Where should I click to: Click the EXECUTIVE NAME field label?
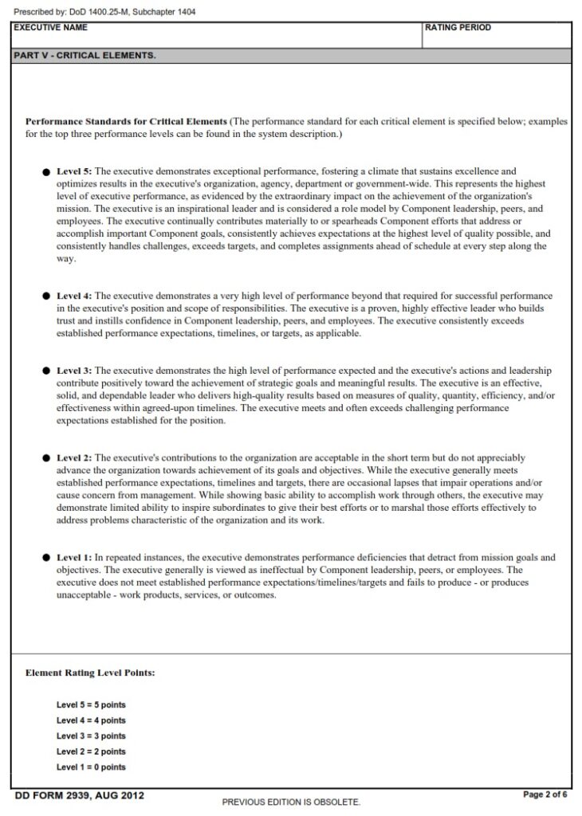tap(51, 28)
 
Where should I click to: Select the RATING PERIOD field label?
tap(458, 28)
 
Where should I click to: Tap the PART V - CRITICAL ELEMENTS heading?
tap(85, 56)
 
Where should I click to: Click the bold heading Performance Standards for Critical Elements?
tap(127, 122)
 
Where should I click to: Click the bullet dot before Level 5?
tap(46, 171)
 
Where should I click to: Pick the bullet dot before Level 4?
tap(46, 296)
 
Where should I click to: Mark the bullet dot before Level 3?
tap(46, 371)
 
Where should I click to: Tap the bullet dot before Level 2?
tap(46, 458)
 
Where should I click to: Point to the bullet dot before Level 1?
tap(46, 558)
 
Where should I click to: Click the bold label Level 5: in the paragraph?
tap(74, 171)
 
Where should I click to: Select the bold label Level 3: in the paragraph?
tap(74, 371)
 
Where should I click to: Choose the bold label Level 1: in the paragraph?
tap(74, 558)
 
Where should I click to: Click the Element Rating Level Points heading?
tap(90, 673)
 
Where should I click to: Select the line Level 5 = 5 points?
tap(91, 705)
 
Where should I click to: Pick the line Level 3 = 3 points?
tap(91, 736)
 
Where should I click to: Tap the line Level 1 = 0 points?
tap(91, 767)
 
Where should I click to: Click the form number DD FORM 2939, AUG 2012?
tap(80, 795)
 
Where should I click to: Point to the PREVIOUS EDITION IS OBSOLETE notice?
tap(291, 802)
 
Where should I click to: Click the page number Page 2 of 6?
tap(545, 794)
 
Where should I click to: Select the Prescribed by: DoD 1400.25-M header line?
tap(104, 12)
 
